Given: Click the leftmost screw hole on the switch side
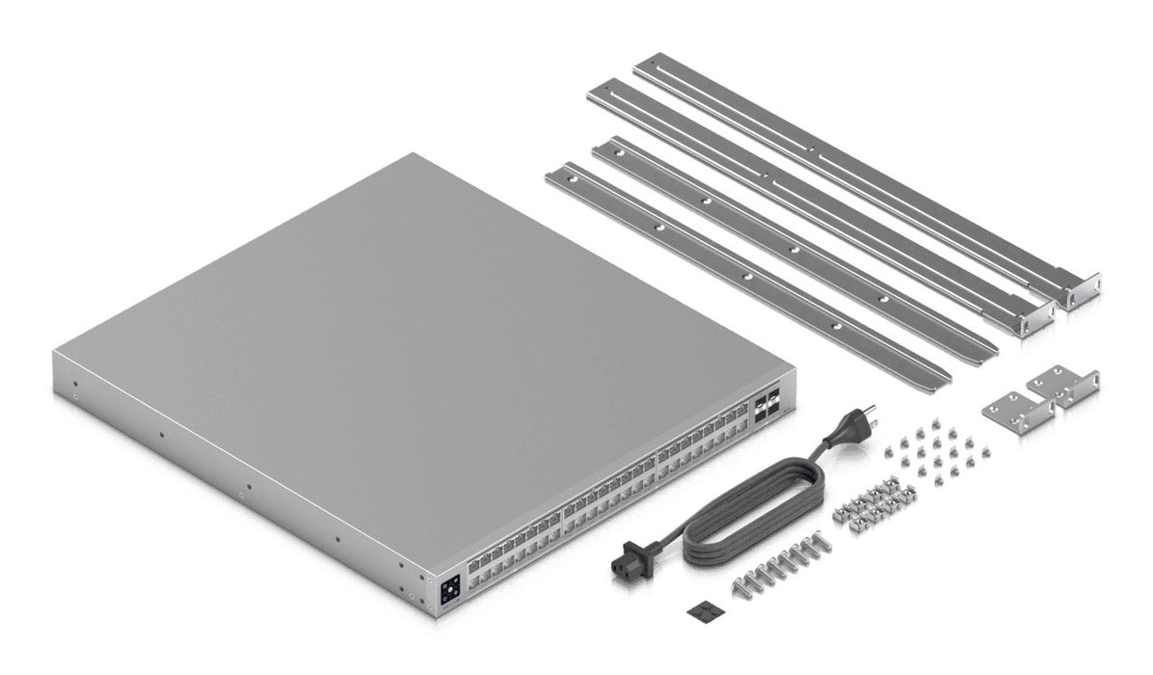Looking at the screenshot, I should pos(74,393).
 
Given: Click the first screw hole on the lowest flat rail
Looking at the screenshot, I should pos(571,179).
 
